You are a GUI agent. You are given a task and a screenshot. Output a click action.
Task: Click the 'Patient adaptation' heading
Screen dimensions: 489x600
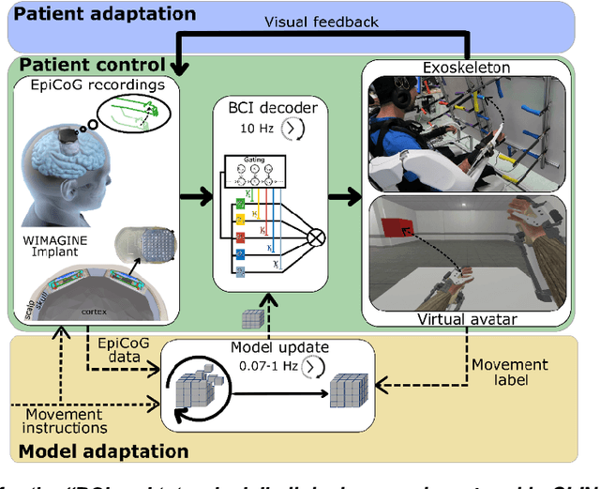(105, 14)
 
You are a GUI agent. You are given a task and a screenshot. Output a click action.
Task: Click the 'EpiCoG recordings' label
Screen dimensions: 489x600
(96, 85)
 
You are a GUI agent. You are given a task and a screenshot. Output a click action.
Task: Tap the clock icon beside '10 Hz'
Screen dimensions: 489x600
(293, 128)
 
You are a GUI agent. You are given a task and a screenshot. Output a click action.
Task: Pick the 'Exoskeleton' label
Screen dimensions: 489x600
(466, 69)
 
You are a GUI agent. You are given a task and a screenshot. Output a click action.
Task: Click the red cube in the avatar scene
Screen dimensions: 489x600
(395, 228)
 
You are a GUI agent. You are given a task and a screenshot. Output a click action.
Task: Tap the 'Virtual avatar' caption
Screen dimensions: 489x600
(465, 319)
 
